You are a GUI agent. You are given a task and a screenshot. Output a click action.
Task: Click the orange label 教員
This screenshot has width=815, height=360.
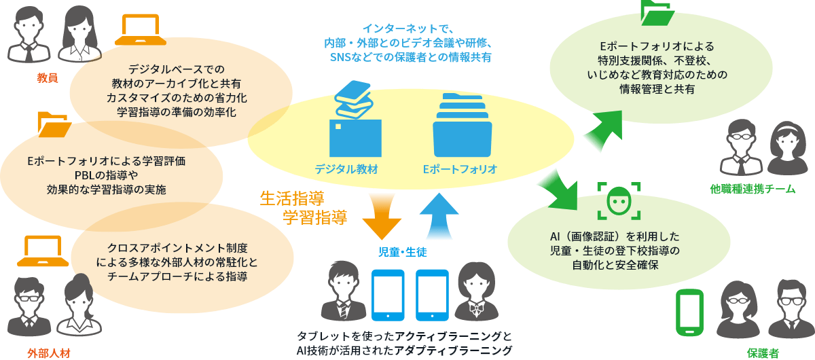pyautogui.click(x=48, y=77)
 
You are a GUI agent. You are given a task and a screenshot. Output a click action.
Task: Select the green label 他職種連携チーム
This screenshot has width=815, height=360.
pyautogui.click(x=752, y=190)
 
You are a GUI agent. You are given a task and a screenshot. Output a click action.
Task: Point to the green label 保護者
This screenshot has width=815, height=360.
pyautogui.click(x=763, y=353)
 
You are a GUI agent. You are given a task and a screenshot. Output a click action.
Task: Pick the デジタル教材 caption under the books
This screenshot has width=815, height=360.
pyautogui.click(x=346, y=168)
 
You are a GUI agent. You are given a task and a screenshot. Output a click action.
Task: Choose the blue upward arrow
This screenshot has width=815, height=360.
pyautogui.click(x=439, y=216)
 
